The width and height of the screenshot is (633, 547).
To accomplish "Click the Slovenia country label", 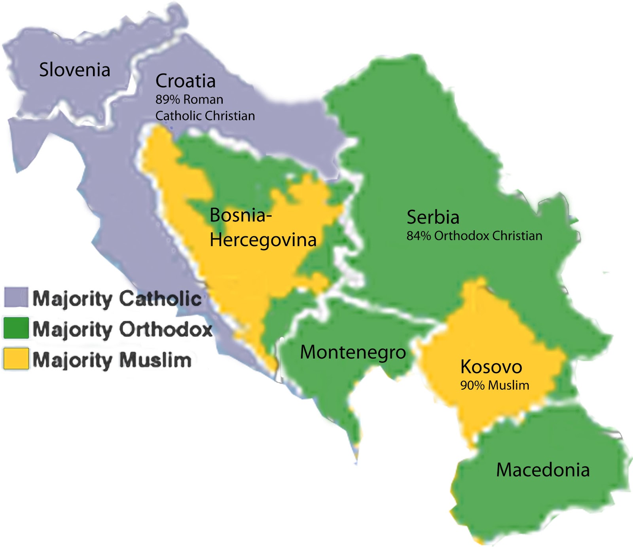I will click(74, 70).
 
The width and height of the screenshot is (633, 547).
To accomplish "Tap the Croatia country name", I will click(185, 81).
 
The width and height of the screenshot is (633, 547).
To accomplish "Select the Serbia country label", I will click(433, 217).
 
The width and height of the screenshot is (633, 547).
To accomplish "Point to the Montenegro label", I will click(353, 352).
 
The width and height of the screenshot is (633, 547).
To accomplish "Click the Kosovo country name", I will click(491, 367).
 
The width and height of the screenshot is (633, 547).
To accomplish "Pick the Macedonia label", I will click(543, 470).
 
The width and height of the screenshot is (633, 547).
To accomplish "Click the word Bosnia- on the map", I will click(241, 215).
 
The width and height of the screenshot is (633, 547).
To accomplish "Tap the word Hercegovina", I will click(263, 240).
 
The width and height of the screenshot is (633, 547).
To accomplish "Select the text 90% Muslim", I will click(495, 385).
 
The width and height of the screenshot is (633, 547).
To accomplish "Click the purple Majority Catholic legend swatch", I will click(16, 297).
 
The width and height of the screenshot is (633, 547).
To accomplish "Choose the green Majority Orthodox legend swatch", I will click(16, 328).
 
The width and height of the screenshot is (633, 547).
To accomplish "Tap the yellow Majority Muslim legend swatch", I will click(16, 359).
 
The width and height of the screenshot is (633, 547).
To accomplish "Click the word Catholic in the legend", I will click(160, 298).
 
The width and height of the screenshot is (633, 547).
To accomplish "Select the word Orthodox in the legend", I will click(166, 329).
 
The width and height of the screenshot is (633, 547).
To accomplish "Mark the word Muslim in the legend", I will click(155, 360).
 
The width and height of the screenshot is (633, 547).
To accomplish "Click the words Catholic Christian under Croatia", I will click(205, 116).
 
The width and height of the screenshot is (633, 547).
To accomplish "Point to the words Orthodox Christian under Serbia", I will click(488, 236).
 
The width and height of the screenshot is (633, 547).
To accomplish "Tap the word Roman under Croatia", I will click(203, 99).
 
